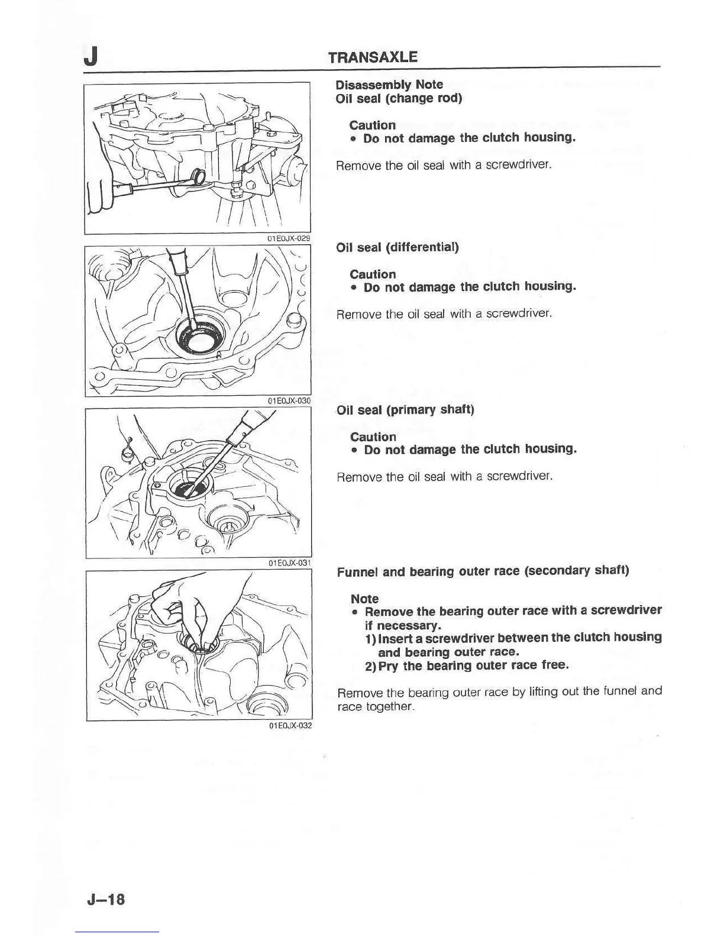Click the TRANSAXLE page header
tap(373, 57)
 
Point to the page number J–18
tap(106, 900)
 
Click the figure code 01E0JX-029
tap(289, 238)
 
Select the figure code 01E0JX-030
tap(289, 401)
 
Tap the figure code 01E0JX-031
tap(289, 563)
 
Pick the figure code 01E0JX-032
tap(289, 726)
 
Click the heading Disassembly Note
tap(389, 85)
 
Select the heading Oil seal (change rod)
tap(398, 98)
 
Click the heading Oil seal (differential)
tap(397, 247)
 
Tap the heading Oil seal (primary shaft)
tap(405, 410)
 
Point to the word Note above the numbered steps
tap(364, 599)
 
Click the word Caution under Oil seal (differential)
tap(373, 274)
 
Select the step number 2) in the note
tap(371, 666)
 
